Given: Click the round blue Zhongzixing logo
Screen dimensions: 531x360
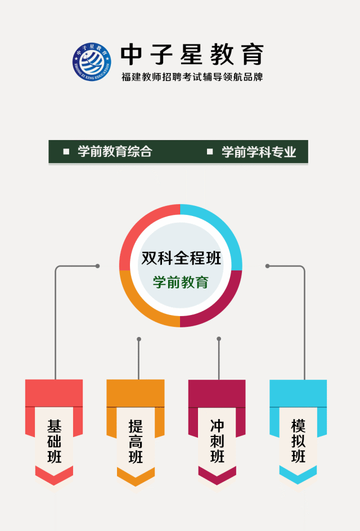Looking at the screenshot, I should coord(92,62).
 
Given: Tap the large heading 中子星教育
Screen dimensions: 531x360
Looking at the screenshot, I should coord(192,55).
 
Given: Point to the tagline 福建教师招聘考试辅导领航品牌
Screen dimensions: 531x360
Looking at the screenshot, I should coord(192,77).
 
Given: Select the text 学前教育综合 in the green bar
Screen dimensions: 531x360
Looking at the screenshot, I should coord(115,151).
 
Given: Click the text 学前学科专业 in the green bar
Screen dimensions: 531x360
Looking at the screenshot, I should coord(259,152).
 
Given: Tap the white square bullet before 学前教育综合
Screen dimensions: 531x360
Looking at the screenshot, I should coord(66,151).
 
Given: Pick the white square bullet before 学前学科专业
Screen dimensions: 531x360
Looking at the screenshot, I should coord(210,151).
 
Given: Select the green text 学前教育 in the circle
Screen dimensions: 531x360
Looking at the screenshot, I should coord(181,282).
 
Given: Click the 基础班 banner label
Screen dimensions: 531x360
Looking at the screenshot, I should coord(55,441).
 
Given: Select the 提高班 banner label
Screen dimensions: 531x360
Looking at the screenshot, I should coord(136,441).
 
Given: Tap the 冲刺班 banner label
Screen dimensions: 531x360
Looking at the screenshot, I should coord(217,441).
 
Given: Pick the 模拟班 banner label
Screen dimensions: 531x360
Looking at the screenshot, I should coord(298,441).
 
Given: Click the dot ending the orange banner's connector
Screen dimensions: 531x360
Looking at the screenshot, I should coord(139,339).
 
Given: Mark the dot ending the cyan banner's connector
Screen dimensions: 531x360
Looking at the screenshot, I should coord(268,266).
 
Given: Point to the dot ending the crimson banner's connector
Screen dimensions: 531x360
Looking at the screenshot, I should coord(219,339).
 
